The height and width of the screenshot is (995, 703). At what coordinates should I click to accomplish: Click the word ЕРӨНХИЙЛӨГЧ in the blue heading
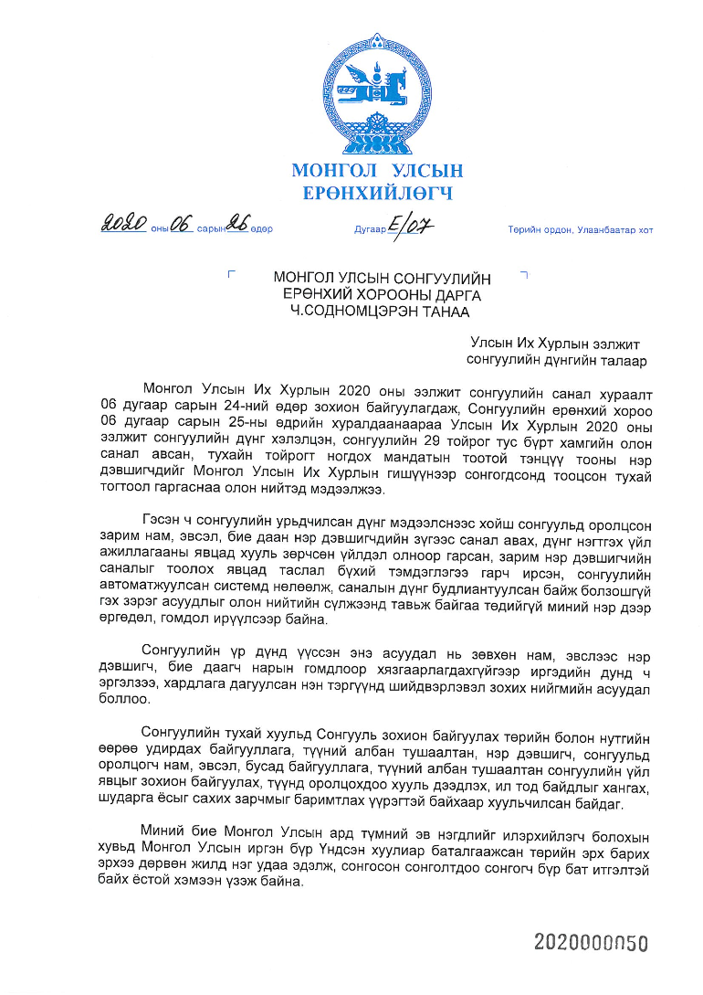(376, 193)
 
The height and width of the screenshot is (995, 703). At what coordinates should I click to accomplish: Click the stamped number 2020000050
(591, 943)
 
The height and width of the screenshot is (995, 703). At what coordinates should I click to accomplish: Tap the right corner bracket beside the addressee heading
(523, 273)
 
